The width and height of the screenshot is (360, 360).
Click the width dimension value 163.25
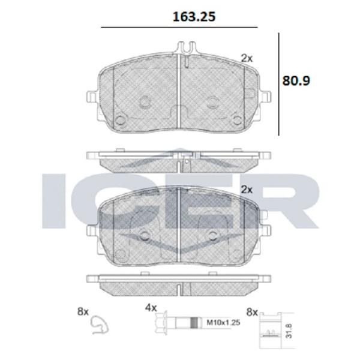click(x=194, y=17)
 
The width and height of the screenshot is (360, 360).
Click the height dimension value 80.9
click(x=296, y=81)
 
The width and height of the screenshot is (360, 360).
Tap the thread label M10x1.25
click(x=223, y=323)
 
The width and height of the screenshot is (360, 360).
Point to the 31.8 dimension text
click(x=289, y=331)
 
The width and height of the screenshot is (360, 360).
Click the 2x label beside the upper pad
click(x=247, y=58)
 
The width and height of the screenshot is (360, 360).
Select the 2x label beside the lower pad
click(x=247, y=190)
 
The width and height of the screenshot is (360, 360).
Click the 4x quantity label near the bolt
click(x=151, y=308)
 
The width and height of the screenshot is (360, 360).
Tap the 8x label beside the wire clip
click(x=83, y=312)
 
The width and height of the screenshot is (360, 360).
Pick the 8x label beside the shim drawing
click(x=252, y=312)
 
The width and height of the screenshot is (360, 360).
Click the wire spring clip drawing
click(x=100, y=325)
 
